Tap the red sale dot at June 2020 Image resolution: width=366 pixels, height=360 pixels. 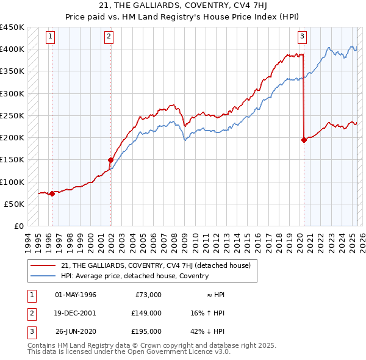click(x=304, y=140)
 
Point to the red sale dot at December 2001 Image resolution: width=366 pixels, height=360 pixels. click(x=110, y=160)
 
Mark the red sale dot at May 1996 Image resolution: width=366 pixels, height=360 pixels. click(x=52, y=193)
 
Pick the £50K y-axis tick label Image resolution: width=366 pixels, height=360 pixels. click(x=15, y=204)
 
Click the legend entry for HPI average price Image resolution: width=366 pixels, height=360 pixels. click(x=135, y=276)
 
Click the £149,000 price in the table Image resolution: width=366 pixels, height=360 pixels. click(x=146, y=313)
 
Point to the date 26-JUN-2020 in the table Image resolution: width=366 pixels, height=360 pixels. click(x=76, y=331)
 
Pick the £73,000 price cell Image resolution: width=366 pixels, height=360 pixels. click(x=148, y=295)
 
